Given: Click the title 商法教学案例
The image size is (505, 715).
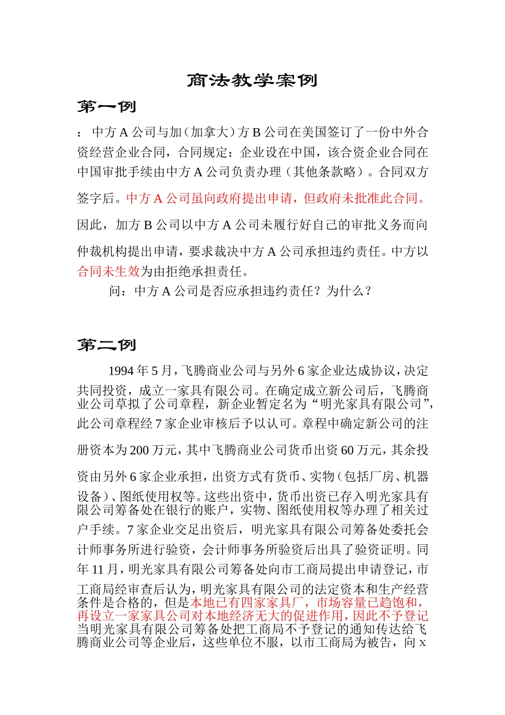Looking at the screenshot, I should (x=252, y=80).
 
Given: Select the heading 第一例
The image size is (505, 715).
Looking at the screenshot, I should (x=107, y=107).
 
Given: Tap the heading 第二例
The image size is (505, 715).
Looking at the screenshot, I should (x=107, y=345).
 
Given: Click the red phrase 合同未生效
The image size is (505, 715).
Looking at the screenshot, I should (x=108, y=271).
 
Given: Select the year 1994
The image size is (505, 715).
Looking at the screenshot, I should (x=121, y=370).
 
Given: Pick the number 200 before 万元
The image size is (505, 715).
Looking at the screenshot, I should (x=139, y=450).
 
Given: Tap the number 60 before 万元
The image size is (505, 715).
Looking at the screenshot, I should (x=347, y=450).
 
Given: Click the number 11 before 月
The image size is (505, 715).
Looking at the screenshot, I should (x=98, y=570).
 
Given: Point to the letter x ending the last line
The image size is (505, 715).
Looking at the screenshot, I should (x=423, y=643).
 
